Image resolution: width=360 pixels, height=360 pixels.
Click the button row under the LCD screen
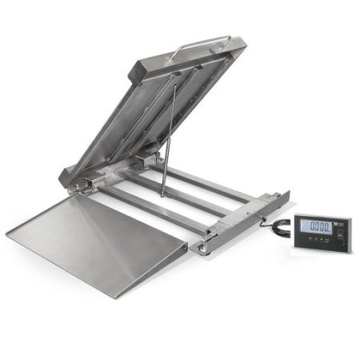coord(320,242)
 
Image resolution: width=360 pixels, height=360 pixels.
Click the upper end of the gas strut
coord(175,88)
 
